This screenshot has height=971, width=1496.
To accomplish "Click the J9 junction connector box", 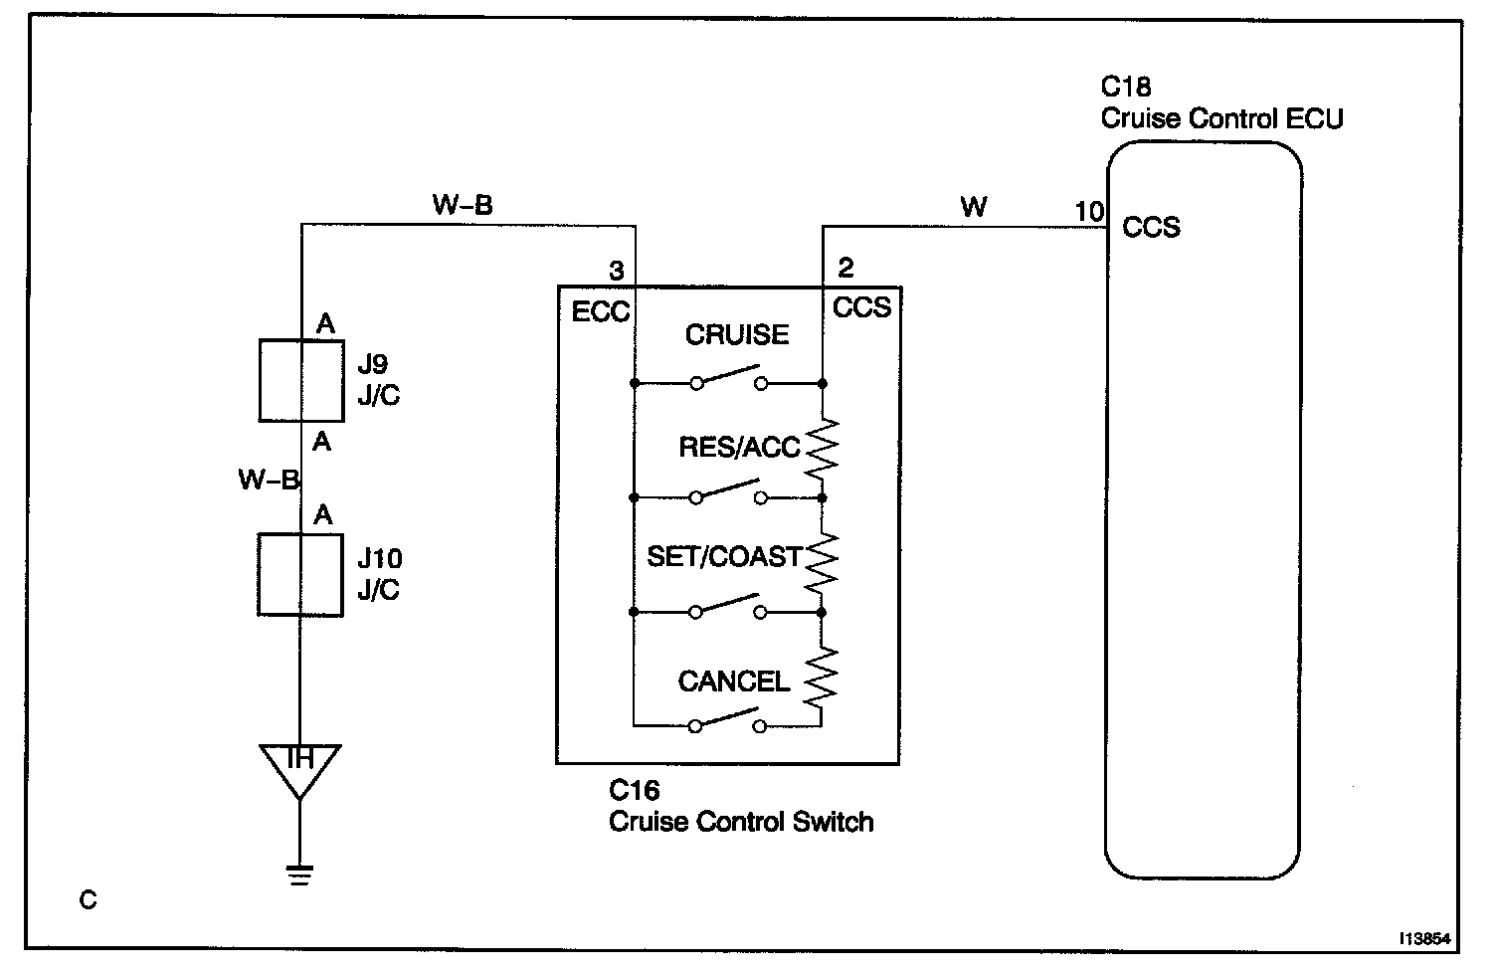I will [x=301, y=380].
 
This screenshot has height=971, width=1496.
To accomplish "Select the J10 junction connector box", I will [x=301, y=575].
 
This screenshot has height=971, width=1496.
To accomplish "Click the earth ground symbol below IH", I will [x=299, y=875].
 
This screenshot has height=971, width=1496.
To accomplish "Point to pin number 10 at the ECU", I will [x=1089, y=212].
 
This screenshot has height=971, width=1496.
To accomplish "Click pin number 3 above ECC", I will [x=617, y=271].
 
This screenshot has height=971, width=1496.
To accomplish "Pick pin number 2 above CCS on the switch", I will [x=846, y=268].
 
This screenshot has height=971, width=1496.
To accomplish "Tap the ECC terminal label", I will [x=600, y=311].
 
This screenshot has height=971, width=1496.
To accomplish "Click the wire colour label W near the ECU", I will [x=974, y=207].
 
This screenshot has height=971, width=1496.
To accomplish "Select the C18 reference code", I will [x=1126, y=87].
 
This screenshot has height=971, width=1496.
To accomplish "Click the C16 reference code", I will [x=634, y=791].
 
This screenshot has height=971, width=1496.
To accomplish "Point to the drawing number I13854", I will [x=1424, y=938].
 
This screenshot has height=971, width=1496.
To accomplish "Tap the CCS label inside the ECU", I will [x=1151, y=228].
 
